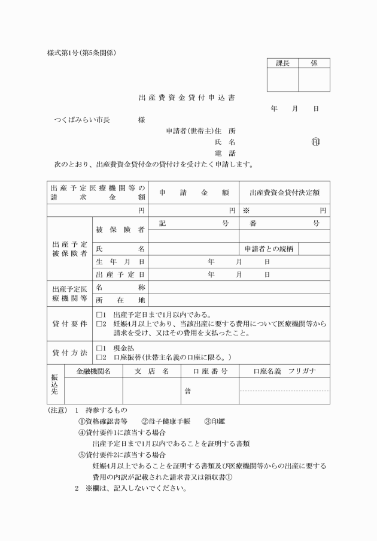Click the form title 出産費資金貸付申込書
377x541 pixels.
[188, 97]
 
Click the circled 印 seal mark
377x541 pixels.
[316, 142]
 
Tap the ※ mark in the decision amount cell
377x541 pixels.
[245, 211]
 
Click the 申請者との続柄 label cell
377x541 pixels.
[269, 249]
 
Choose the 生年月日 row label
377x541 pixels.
[120, 262]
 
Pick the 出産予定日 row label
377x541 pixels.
[120, 274]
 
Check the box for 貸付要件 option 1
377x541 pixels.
[100, 315]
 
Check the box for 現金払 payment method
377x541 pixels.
[100, 348]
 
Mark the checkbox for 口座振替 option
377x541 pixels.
[100, 358]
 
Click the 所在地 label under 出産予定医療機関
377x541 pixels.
[120, 300]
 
